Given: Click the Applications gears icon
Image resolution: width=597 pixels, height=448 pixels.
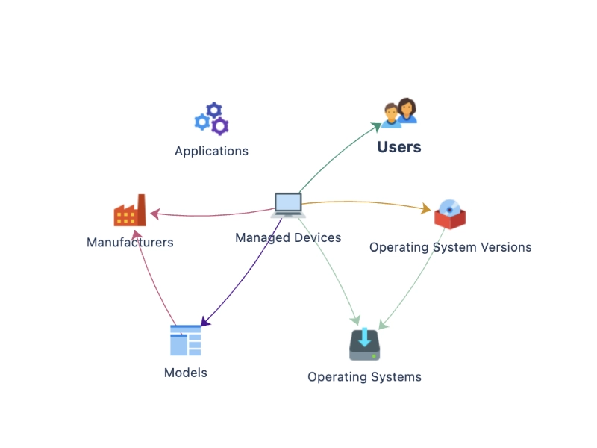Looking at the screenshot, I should click(212, 119).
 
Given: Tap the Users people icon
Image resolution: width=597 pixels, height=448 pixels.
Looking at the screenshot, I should click(399, 113).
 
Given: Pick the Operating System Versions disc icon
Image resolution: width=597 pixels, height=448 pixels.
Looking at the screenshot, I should click(450, 214).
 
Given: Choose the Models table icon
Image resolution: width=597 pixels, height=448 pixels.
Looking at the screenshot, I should click(186, 340).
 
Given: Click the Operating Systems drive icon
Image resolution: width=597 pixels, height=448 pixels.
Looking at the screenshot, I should click(364, 344).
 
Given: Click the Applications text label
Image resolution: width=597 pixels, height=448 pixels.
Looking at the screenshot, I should click(211, 151).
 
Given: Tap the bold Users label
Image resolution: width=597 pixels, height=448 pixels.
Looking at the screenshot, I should click(399, 147).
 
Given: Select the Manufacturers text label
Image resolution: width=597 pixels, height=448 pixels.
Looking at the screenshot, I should click(130, 242).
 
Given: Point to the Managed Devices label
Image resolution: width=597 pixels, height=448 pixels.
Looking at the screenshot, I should click(288, 237).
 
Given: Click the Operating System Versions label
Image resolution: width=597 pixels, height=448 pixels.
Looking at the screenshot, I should click(450, 247).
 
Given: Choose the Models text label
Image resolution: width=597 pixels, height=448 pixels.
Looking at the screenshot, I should click(186, 372).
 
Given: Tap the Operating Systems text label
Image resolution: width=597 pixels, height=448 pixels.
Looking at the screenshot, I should click(364, 377).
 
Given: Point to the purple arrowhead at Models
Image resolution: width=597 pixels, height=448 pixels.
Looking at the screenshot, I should click(207, 321).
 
